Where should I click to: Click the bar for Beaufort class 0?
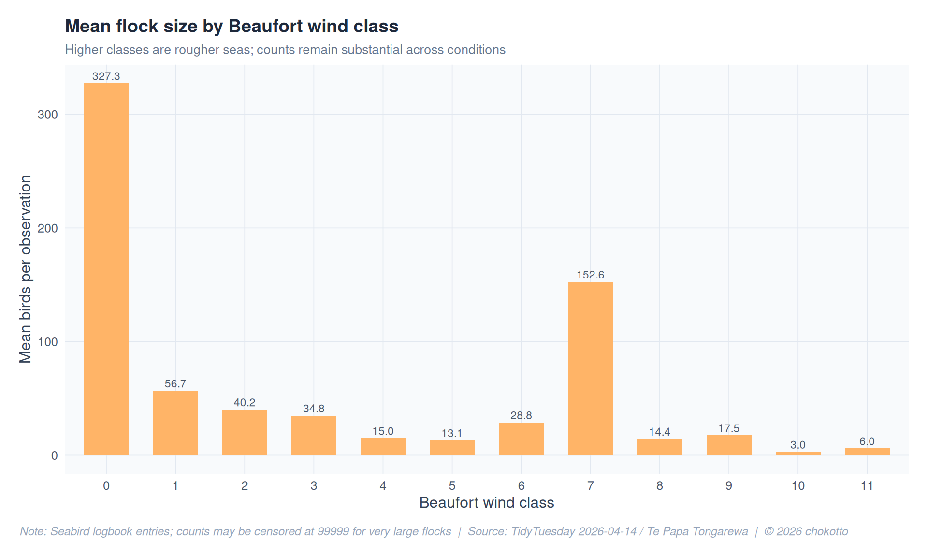pyautogui.click(x=106, y=269)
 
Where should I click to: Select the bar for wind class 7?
pyautogui.click(x=590, y=368)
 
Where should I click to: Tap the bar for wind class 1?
pyautogui.click(x=175, y=423)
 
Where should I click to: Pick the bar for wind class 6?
pyautogui.click(x=521, y=439)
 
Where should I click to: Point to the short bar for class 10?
pyautogui.click(x=797, y=453)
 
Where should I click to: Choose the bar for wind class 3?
pyautogui.click(x=314, y=435)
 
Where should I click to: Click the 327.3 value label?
pyautogui.click(x=106, y=76)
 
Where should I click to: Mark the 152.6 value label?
pyautogui.click(x=590, y=275)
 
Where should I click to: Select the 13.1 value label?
pyautogui.click(x=452, y=433)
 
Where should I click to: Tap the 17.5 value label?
pyautogui.click(x=728, y=428)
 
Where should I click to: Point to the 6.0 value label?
pyautogui.click(x=867, y=441)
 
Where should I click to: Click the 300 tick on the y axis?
pyautogui.click(x=47, y=115)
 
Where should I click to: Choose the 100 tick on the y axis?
pyautogui.click(x=47, y=342)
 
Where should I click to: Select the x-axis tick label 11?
pyautogui.click(x=867, y=486)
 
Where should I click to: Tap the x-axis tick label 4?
pyautogui.click(x=383, y=486)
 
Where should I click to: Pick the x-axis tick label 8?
pyautogui.click(x=659, y=486)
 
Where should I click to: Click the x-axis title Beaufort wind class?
pyautogui.click(x=486, y=503)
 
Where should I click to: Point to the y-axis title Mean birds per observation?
pyautogui.click(x=25, y=269)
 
